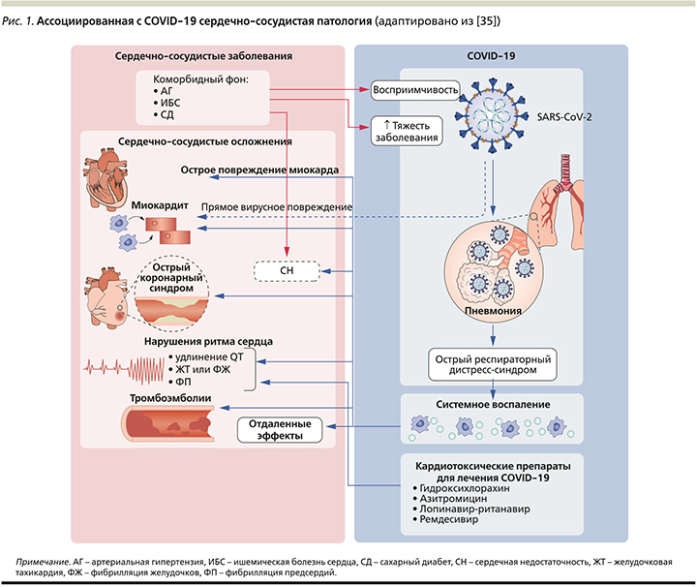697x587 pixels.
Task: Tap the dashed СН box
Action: pyautogui.click(x=287, y=272)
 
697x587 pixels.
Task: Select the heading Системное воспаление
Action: pyautogui.click(x=492, y=403)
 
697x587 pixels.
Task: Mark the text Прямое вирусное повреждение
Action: pyautogui.click(x=276, y=206)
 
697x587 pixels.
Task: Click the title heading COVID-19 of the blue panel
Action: pyautogui.click(x=493, y=57)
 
